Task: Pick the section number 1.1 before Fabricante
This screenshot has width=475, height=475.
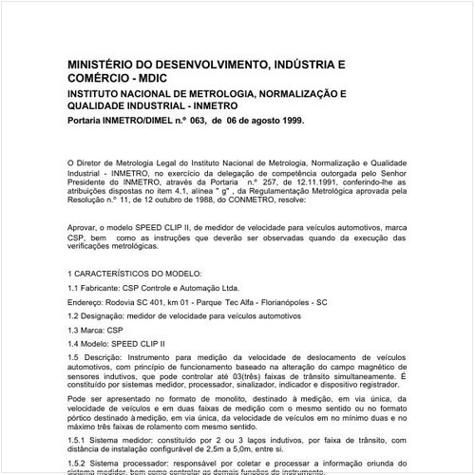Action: (76, 286)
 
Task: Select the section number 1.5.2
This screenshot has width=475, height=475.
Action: (81, 462)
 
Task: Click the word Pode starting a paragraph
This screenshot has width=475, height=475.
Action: (78, 402)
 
